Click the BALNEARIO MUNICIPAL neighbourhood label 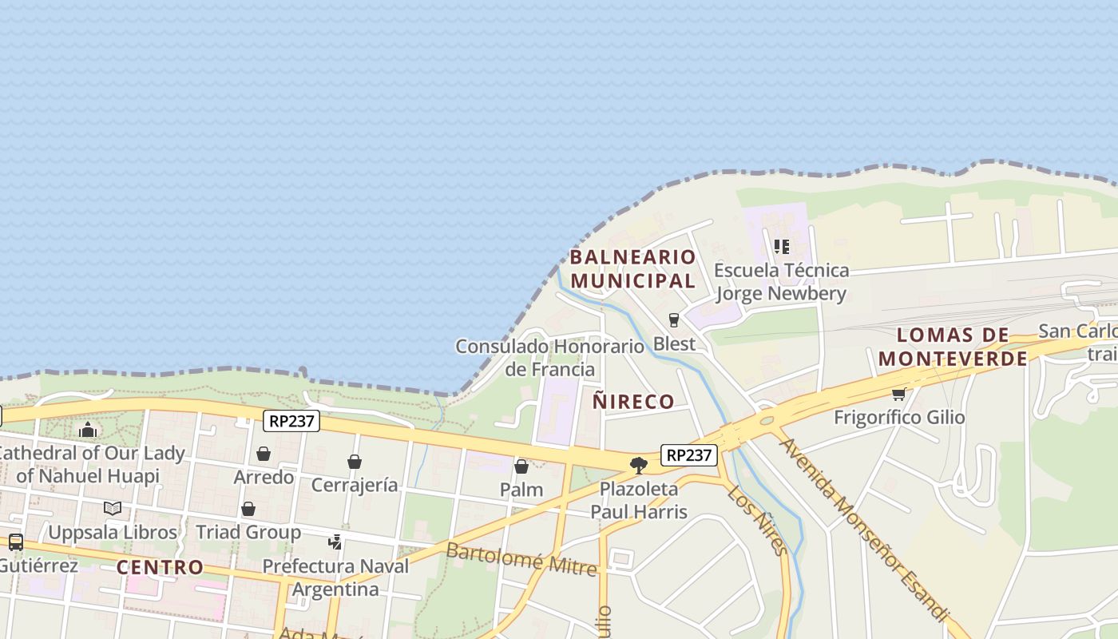click(x=632, y=269)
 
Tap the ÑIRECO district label click(x=633, y=402)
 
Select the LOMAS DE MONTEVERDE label click(x=953, y=347)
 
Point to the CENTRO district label click(x=160, y=568)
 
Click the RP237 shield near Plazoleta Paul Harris click(x=689, y=455)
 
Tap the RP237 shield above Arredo click(x=291, y=421)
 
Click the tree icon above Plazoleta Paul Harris click(x=638, y=465)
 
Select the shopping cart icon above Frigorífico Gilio click(x=898, y=394)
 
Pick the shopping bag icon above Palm click(x=521, y=466)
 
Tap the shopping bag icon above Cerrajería click(x=355, y=462)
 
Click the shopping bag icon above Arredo click(x=264, y=454)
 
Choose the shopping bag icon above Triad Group click(x=248, y=509)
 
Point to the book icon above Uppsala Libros click(x=113, y=508)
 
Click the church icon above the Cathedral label click(x=88, y=430)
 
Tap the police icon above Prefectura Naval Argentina click(x=335, y=542)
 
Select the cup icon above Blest click(x=674, y=320)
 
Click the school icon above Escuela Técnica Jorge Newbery click(x=781, y=247)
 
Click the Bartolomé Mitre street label click(x=521, y=559)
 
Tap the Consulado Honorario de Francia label click(x=549, y=358)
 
